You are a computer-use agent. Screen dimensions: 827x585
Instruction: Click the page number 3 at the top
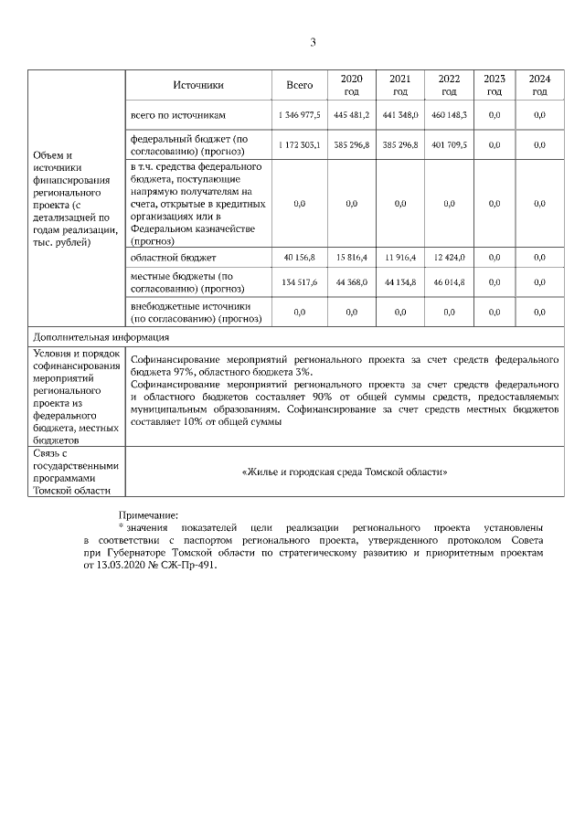313,42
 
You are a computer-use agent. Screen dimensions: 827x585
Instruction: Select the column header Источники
198,85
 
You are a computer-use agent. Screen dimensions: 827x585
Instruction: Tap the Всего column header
299,85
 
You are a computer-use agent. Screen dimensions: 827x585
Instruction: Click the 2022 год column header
449,85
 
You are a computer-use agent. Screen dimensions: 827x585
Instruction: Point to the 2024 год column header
539,85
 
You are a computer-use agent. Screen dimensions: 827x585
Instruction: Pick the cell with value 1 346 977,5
299,115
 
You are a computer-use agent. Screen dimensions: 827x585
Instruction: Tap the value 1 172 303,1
299,145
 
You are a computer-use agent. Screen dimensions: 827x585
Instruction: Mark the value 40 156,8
299,258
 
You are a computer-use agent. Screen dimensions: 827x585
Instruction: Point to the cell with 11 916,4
399,258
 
